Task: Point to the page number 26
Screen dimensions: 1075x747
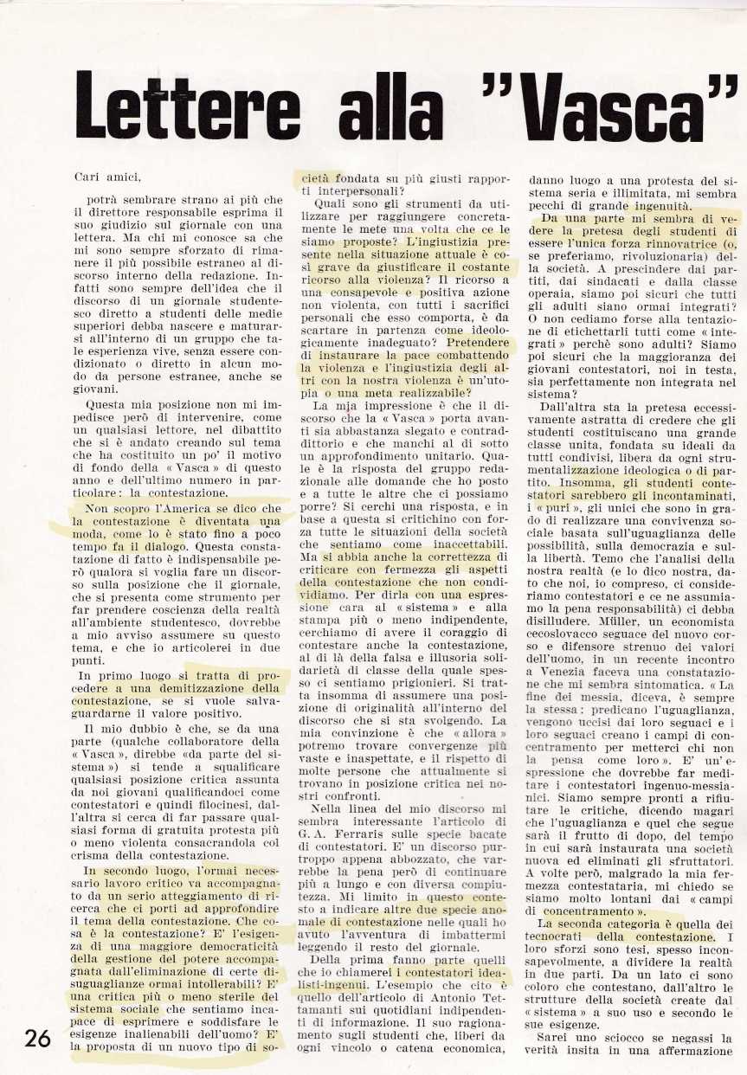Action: [37, 1039]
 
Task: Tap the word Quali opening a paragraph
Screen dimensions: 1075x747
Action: [329, 204]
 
